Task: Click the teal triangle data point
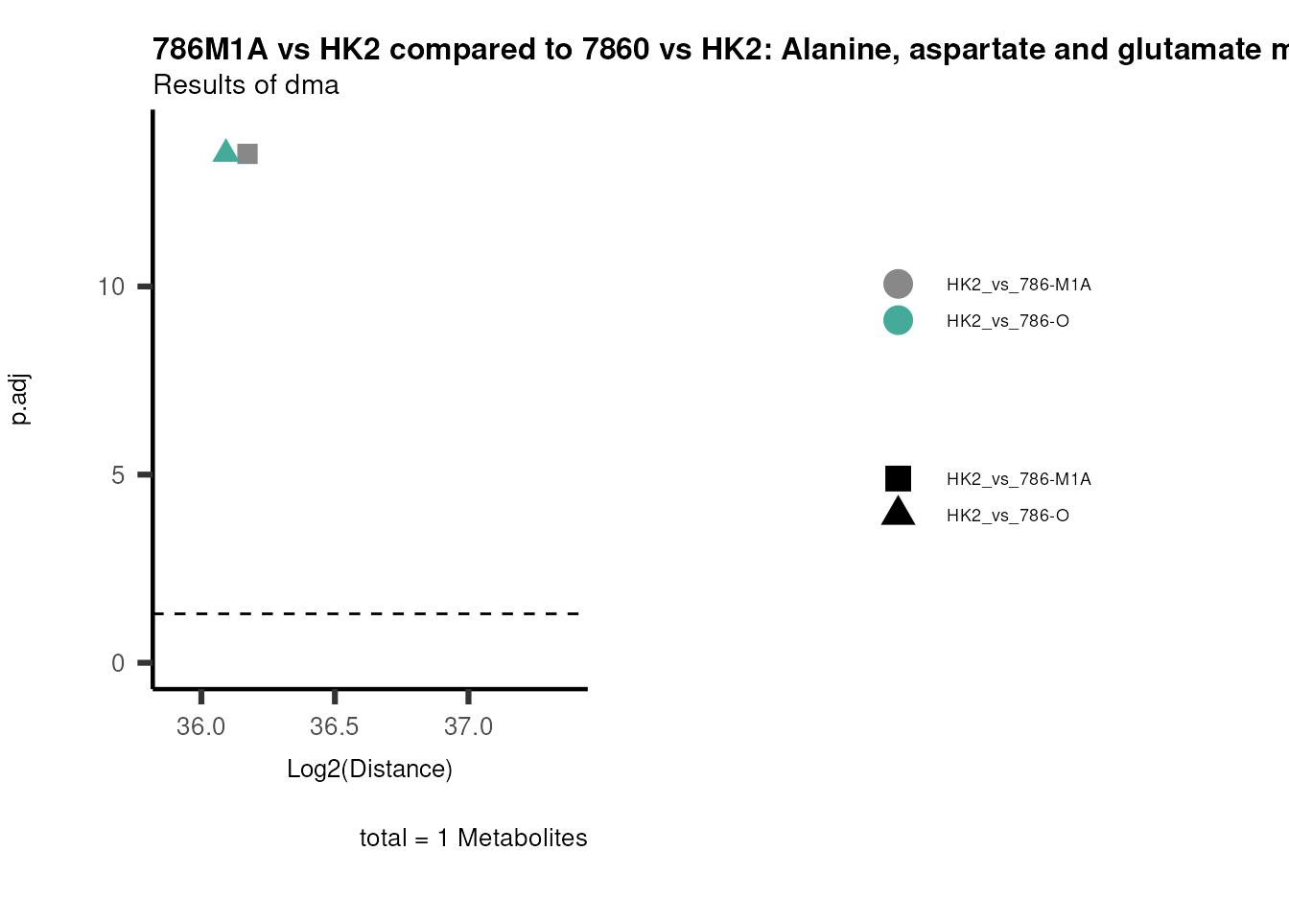point(225,151)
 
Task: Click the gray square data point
point(247,153)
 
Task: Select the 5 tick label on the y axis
point(118,475)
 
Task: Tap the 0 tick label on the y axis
point(118,663)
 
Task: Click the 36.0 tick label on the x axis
point(200,726)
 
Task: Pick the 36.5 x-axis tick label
point(334,726)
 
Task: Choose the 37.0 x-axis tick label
point(468,726)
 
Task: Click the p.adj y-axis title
point(20,399)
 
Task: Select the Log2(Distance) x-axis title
point(369,769)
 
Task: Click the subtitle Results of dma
point(246,85)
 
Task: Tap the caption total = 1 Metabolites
point(473,838)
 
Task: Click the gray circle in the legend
point(898,284)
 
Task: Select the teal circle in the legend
point(898,320)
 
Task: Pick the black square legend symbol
point(898,478)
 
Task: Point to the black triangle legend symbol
point(898,513)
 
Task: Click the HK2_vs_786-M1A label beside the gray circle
point(1019,285)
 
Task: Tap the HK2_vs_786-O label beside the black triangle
point(1007,516)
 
